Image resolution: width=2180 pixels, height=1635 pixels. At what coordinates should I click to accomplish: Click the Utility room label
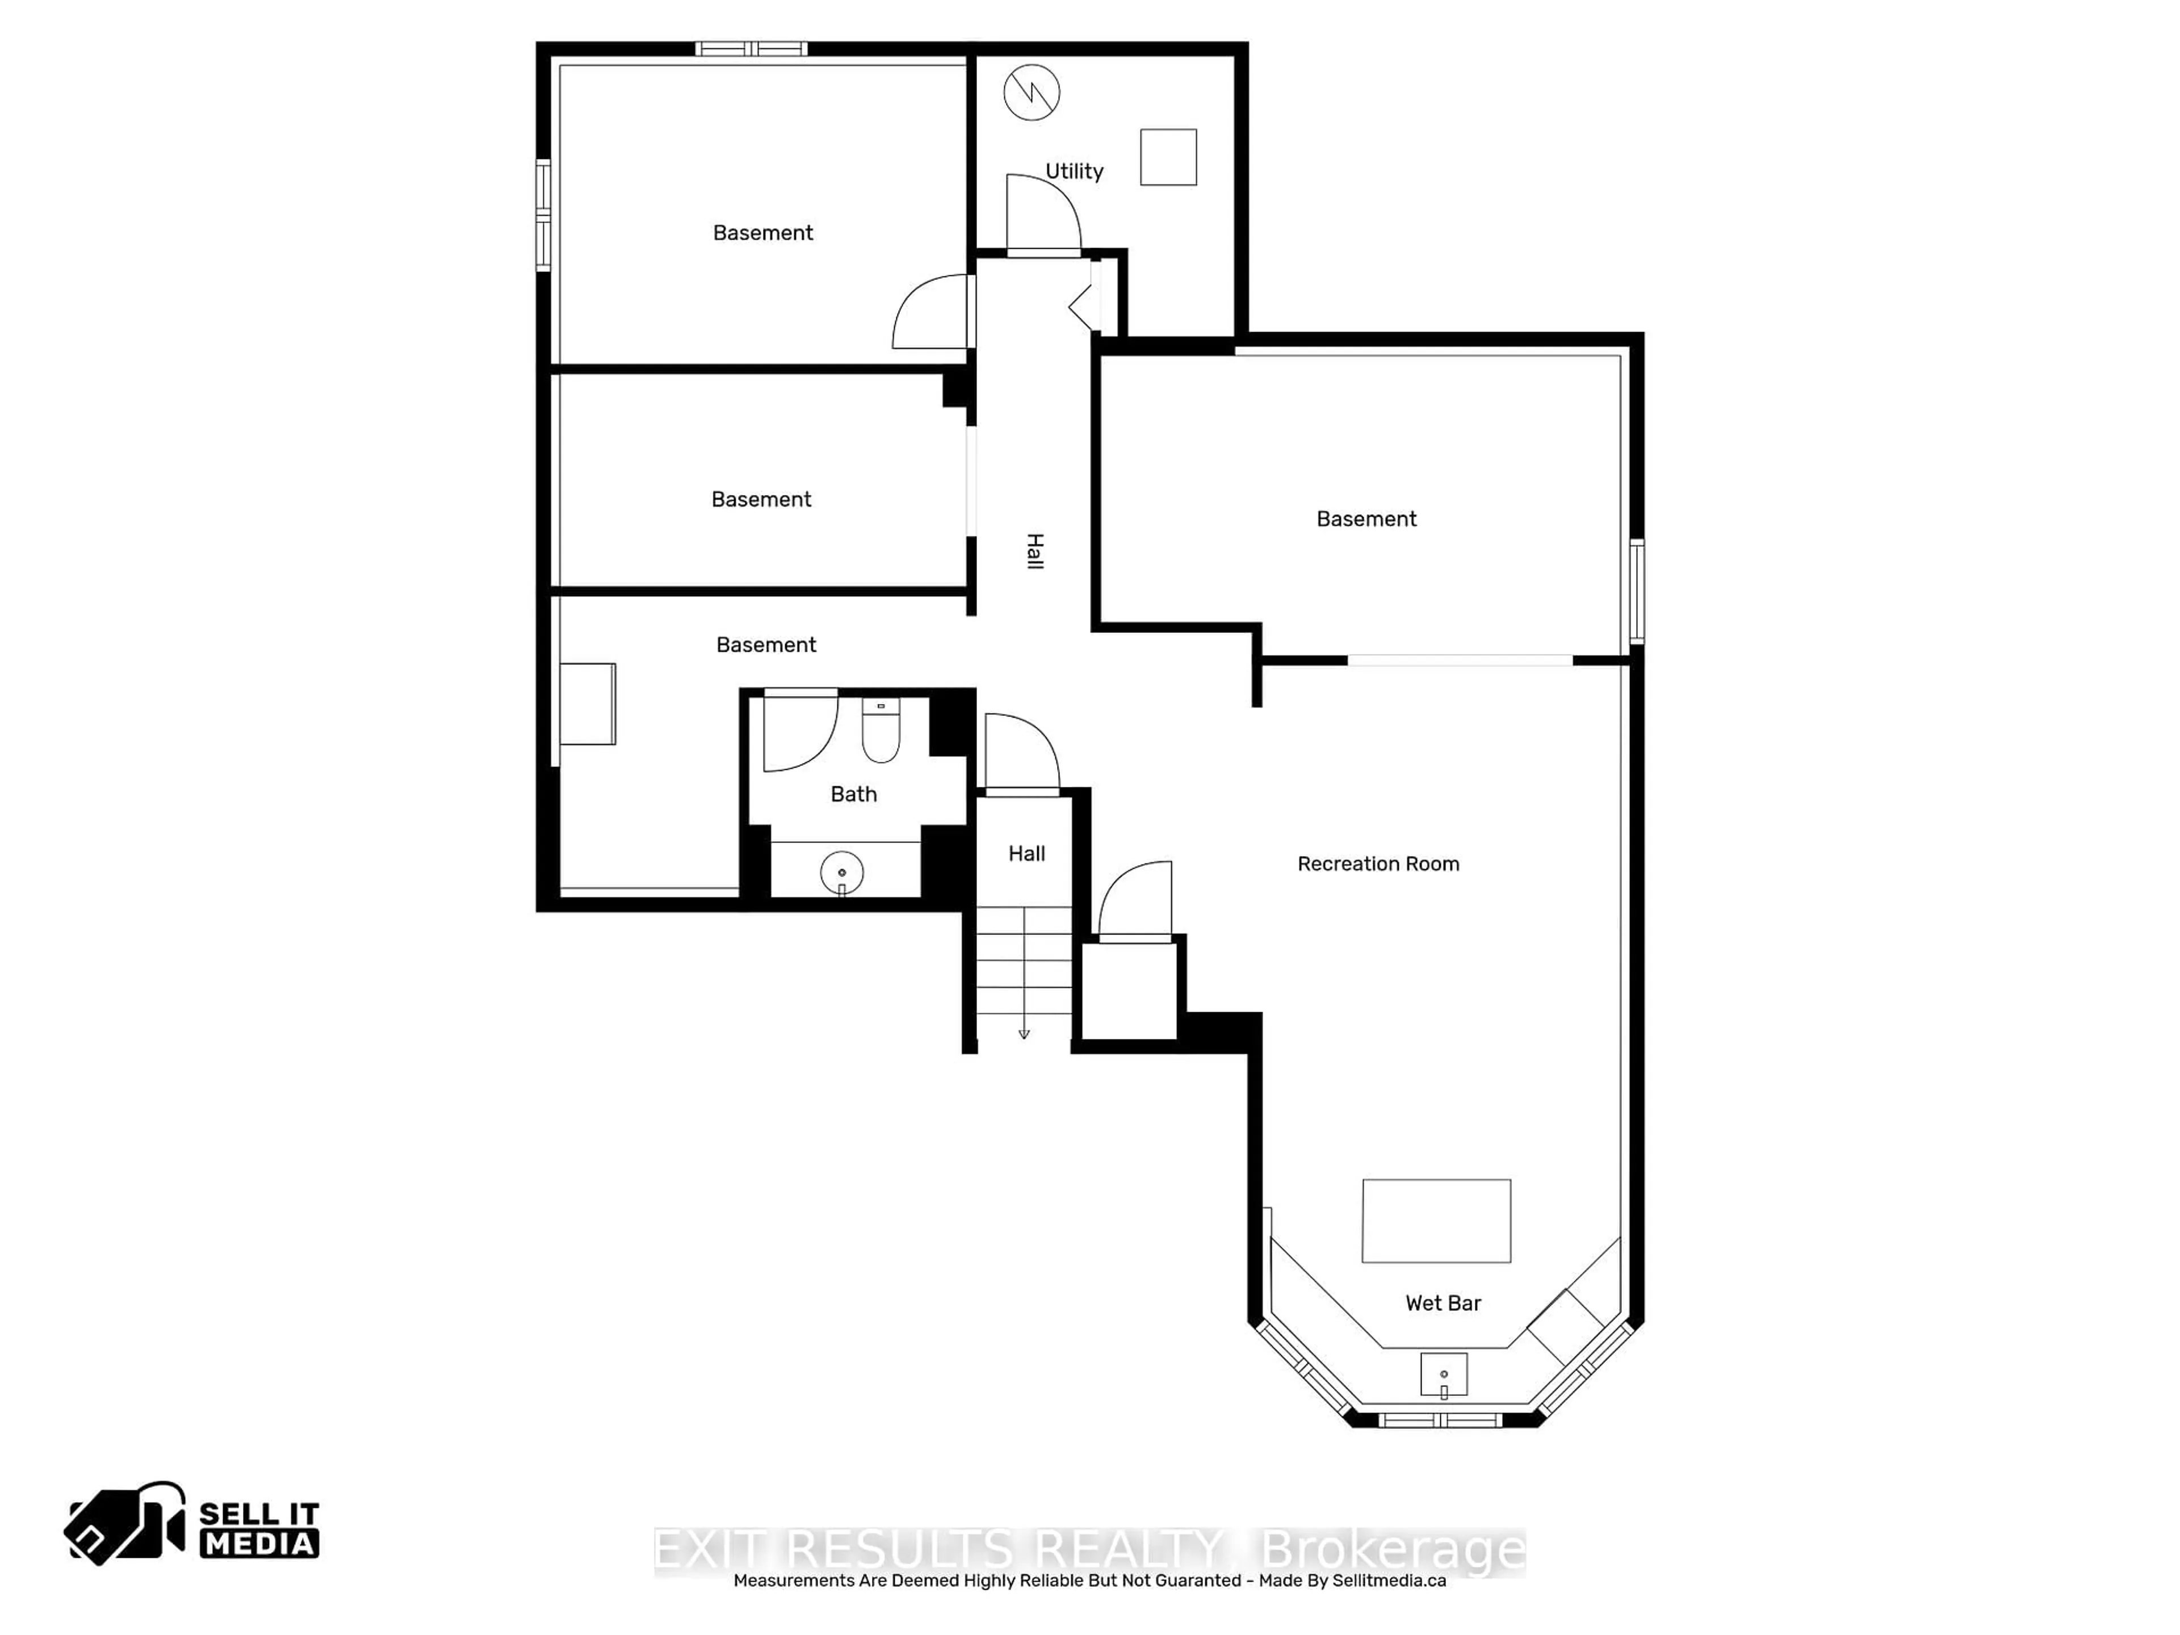(x=1074, y=171)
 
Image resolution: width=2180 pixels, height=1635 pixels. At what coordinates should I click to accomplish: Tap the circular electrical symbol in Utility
(x=1031, y=93)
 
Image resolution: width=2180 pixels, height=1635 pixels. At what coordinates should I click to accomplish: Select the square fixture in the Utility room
(x=1168, y=157)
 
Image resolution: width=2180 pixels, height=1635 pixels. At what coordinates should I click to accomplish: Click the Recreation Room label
(x=1378, y=864)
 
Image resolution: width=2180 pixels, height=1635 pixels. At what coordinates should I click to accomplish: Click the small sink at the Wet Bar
(x=1444, y=1375)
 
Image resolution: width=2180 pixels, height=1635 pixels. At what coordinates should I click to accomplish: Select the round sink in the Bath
(x=842, y=872)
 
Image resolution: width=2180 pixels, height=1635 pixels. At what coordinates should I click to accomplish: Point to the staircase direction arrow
(x=1024, y=1032)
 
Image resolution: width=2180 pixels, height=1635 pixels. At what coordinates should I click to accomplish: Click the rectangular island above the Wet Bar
(x=1436, y=1220)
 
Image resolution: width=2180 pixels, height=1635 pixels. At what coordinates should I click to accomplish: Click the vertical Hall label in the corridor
(x=1034, y=551)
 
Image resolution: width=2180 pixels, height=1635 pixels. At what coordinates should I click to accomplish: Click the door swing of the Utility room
(x=1043, y=212)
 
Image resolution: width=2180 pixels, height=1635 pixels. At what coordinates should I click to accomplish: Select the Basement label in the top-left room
(x=763, y=233)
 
